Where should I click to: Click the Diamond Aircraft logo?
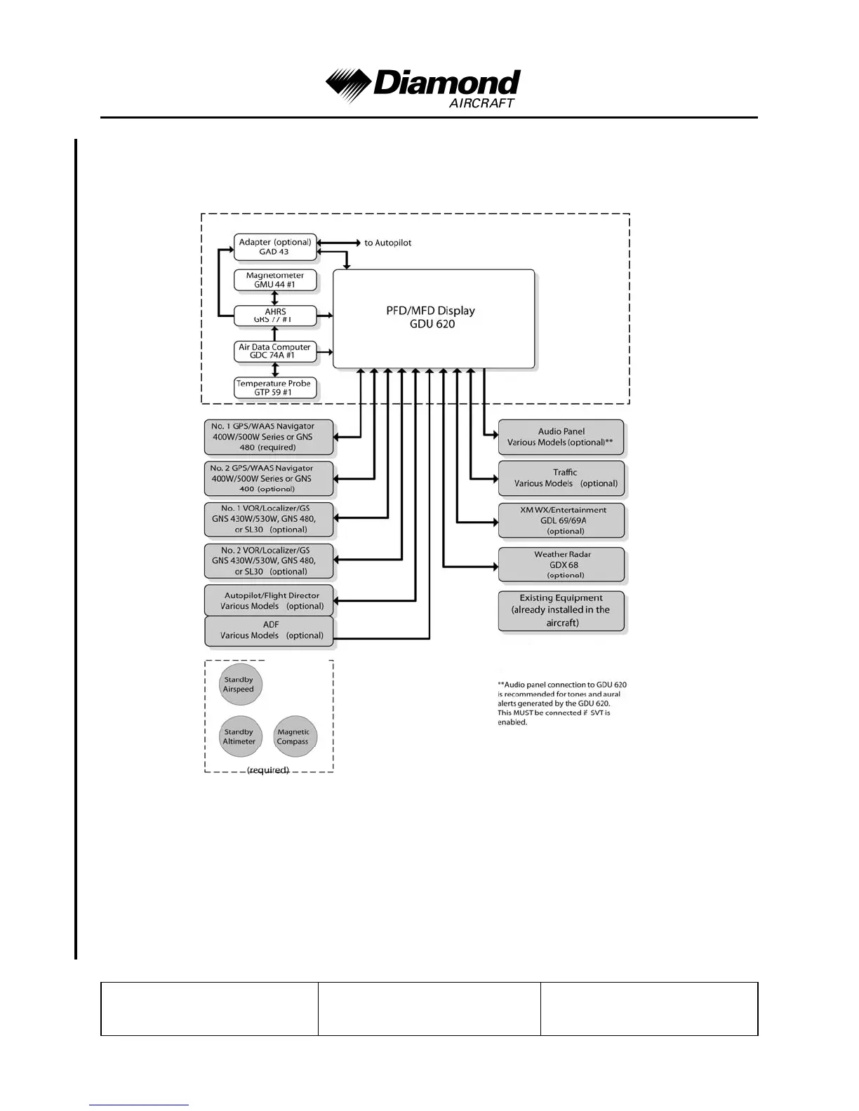coord(423,87)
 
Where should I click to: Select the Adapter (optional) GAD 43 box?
coord(275,247)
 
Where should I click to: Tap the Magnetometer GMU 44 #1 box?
coord(275,280)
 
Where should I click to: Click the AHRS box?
coord(275,315)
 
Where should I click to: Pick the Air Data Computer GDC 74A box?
coord(275,351)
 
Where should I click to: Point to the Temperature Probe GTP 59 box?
coord(275,388)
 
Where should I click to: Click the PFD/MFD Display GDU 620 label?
coord(431,317)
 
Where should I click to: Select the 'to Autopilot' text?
coord(387,243)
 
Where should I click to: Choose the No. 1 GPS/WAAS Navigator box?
coord(269,436)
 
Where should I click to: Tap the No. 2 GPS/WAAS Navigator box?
coord(269,478)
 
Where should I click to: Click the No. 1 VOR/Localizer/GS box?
coord(269,519)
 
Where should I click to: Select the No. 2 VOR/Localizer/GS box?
coord(269,560)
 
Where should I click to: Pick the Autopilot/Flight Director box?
coord(269,600)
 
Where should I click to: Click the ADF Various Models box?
coord(269,631)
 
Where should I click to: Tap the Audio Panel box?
coord(561,437)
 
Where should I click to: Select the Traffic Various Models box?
coord(561,478)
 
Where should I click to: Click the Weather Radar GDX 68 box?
coord(561,565)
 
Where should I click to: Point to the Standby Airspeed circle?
coord(240,685)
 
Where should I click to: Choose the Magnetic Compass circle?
coord(293,736)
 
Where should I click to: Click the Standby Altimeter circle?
coord(240,736)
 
